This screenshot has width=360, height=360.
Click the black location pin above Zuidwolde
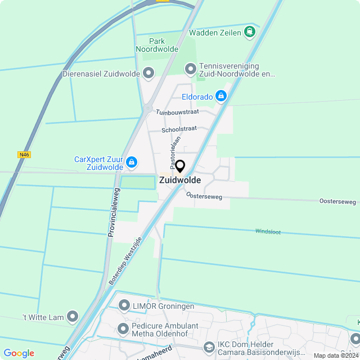point(180,166)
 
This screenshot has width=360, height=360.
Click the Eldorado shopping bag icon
point(221,97)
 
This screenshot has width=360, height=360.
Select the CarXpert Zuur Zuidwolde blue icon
point(131,163)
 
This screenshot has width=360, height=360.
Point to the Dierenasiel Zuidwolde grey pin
point(148,73)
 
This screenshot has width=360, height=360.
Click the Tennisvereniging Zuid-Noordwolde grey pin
point(190,69)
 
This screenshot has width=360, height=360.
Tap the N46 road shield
point(24,155)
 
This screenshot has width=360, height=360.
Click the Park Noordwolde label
point(157,45)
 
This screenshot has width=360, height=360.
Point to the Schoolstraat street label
point(179,129)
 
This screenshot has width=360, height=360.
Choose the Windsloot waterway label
point(268,231)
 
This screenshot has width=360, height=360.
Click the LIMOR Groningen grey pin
point(124,306)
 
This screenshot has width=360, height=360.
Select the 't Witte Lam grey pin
point(73,317)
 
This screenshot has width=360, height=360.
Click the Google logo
point(19,353)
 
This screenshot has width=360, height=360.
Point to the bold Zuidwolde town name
point(180,181)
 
